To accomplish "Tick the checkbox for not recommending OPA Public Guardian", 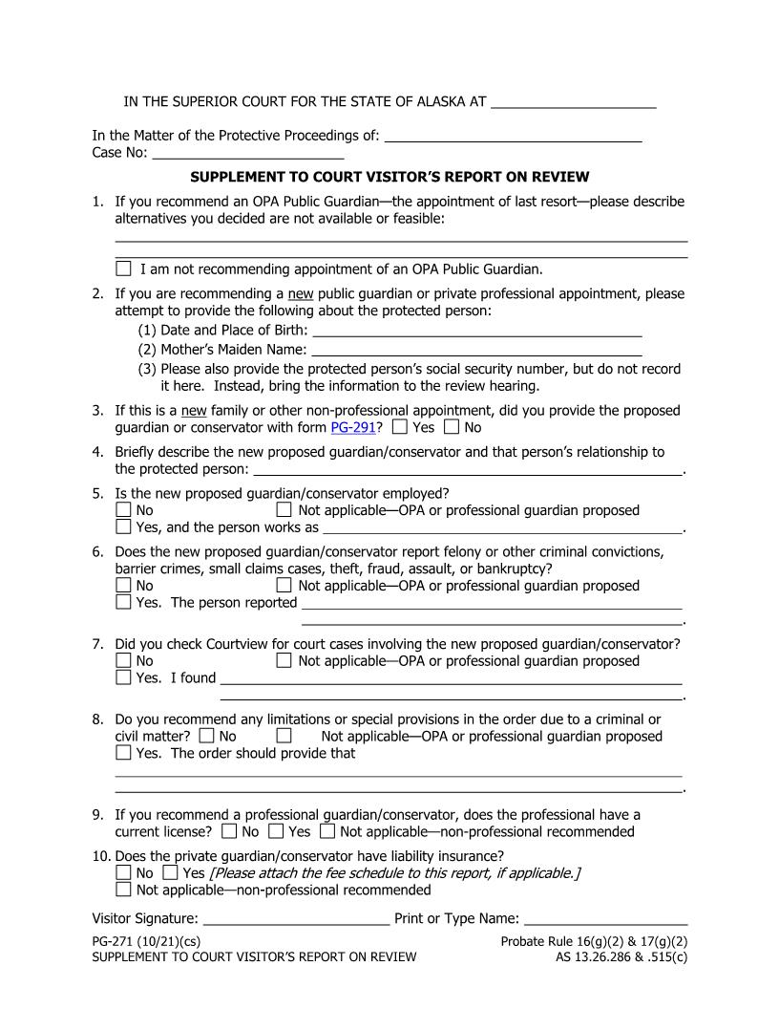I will [123, 268].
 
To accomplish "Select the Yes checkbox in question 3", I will [400, 427].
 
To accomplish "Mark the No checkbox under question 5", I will [123, 510].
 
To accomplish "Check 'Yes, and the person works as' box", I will [123, 526].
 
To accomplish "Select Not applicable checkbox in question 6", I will [284, 586].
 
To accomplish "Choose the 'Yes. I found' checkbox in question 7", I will [123, 677].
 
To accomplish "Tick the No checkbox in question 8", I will [207, 737].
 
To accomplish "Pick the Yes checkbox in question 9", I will [276, 832].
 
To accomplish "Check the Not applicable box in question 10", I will [123, 890].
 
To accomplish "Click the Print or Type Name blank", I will [605, 919].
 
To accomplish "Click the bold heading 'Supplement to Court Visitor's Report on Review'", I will [389, 177].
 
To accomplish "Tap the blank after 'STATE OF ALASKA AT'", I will [573, 101].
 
